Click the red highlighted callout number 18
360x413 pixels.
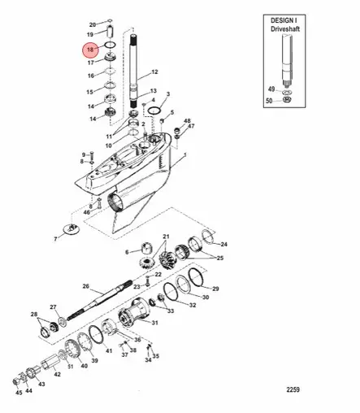tap(90, 50)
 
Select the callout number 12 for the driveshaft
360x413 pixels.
tap(154, 72)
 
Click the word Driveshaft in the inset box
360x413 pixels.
tap(285, 29)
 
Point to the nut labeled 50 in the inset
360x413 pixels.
tap(287, 99)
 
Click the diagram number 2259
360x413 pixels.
tap(293, 389)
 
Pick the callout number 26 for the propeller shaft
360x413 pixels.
tap(86, 286)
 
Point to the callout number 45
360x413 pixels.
tap(19, 393)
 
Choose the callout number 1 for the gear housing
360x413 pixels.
tap(185, 155)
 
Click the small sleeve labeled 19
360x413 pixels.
tap(110, 32)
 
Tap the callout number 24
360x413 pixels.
tap(223, 244)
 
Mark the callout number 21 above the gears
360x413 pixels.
tap(166, 237)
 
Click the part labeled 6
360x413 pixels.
tap(147, 247)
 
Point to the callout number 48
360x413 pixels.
tap(187, 121)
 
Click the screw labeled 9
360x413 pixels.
tap(92, 156)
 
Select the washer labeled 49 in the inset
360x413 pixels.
tap(287, 93)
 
